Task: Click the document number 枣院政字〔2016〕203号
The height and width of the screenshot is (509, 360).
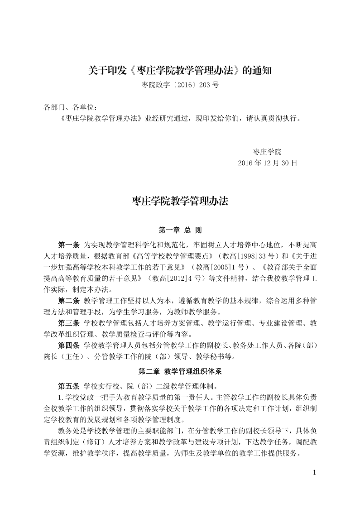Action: (180, 85)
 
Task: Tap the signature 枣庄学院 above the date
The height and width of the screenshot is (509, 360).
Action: (267, 152)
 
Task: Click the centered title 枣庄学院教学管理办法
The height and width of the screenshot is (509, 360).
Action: (180, 201)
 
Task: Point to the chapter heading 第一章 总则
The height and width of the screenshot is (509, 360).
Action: (180, 230)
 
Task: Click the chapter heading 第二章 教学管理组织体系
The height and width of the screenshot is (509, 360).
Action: (180, 371)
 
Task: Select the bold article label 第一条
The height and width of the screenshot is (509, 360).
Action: (69, 245)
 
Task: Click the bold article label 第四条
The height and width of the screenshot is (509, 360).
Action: (69, 346)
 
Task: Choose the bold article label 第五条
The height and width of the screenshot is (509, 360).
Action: (69, 386)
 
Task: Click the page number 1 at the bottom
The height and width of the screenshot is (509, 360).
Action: (314, 473)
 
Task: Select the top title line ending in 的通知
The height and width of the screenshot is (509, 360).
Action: (180, 70)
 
